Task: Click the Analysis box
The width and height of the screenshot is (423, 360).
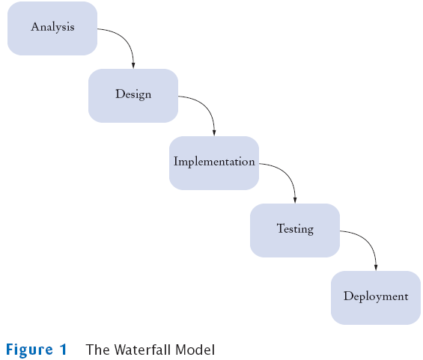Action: click(52, 28)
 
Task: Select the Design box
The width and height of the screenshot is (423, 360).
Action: click(133, 96)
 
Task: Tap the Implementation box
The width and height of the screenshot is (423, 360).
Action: click(214, 163)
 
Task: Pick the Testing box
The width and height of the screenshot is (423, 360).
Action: click(295, 231)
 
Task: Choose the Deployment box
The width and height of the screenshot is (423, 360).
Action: click(376, 298)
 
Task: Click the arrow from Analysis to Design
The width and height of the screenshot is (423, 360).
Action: click(126, 38)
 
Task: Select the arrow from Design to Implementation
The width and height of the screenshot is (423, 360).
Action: click(207, 106)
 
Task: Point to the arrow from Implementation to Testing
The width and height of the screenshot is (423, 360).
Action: click(287, 173)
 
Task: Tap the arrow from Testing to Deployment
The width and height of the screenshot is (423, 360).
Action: click(368, 240)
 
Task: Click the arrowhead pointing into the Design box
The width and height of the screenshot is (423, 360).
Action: click(133, 65)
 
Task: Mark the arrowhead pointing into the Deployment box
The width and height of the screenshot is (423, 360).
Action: click(376, 267)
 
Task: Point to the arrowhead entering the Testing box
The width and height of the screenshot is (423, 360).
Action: click(295, 200)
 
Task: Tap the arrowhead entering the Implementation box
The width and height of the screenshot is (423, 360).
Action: click(214, 132)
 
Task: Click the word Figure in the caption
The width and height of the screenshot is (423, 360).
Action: click(29, 350)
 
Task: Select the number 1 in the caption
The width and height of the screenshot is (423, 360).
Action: click(64, 350)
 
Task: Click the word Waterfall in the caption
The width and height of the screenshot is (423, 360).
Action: click(143, 350)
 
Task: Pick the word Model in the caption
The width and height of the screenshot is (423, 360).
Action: click(195, 350)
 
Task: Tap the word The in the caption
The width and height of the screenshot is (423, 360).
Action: click(98, 350)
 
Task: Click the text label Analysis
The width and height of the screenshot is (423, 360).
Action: click(52, 27)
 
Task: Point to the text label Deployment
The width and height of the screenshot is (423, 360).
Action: click(376, 296)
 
